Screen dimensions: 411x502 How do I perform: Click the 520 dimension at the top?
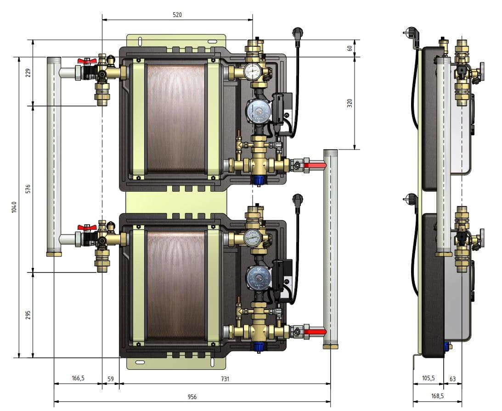pos(177,15)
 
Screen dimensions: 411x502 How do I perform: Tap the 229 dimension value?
pos(28,72)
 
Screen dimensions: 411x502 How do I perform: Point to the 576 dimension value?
pos(28,189)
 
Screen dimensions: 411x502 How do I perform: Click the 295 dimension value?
pos(28,315)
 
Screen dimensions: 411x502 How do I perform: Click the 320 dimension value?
pos(350,103)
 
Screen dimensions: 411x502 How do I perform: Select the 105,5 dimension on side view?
pos(428,378)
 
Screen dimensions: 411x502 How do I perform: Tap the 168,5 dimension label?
pos(437,396)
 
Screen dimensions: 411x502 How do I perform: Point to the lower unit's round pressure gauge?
pos(251,238)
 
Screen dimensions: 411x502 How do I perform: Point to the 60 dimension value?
pos(350,48)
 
